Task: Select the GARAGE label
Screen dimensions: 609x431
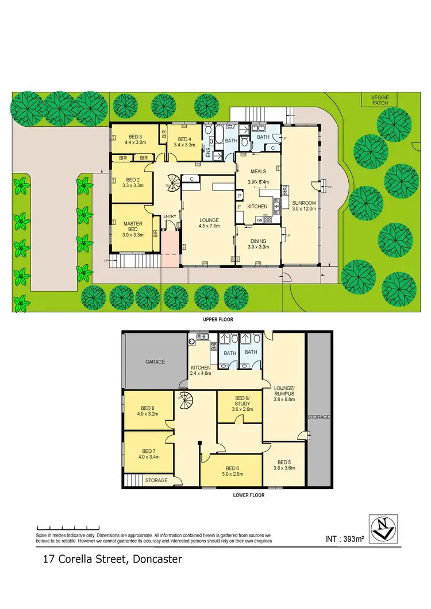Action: [x=155, y=362]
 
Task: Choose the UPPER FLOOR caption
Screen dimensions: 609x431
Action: [x=218, y=320]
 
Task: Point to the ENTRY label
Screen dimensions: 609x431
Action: [x=170, y=216]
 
